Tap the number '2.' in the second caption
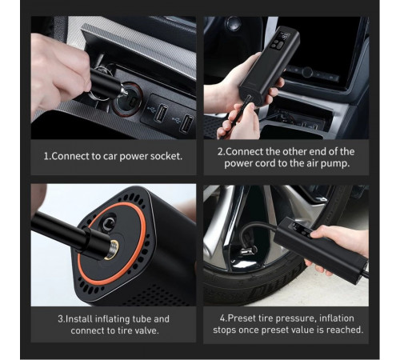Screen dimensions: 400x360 click(x=222, y=152)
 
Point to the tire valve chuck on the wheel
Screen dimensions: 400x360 click(x=249, y=250)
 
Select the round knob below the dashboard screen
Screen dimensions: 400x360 click(x=307, y=72)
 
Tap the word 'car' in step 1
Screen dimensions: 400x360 click(x=110, y=157)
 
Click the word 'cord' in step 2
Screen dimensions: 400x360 click(x=265, y=163)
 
